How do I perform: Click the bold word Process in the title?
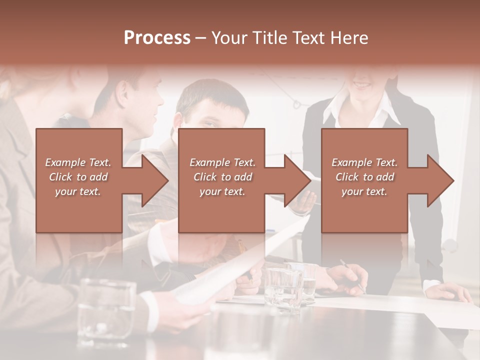157,38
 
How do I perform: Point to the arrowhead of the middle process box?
296,180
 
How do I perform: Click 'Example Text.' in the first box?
78,162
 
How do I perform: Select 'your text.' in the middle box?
222,191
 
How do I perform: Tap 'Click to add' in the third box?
365,177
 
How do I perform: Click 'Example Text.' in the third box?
364,162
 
